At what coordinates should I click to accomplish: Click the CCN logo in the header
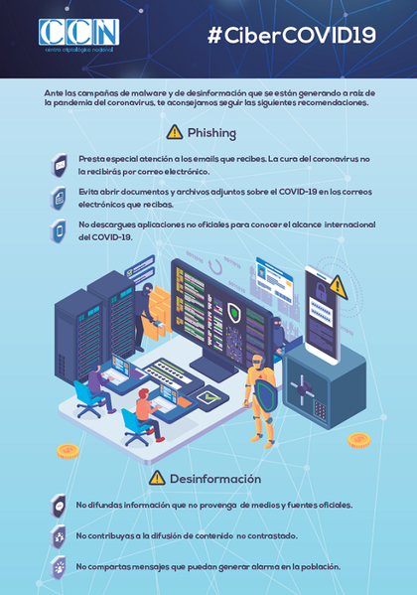point(78,35)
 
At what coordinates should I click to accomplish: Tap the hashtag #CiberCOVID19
point(292,36)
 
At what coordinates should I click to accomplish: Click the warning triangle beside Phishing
point(175,132)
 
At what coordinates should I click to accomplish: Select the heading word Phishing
point(211,133)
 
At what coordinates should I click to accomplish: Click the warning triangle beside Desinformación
point(157,478)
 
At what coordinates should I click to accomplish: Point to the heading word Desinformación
point(215,479)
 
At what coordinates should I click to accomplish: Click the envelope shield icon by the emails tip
point(60,165)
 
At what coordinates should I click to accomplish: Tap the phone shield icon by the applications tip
point(59,230)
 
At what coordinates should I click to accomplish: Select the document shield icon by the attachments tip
point(59,198)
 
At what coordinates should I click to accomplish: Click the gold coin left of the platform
point(69,451)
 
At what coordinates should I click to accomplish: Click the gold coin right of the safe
point(359,440)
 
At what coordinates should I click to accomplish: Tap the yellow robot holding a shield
point(261,398)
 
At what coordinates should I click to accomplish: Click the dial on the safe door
point(302,389)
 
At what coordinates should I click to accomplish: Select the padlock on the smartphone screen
point(321,290)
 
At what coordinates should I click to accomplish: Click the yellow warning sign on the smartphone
point(338,287)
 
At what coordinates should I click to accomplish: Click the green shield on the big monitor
point(235,313)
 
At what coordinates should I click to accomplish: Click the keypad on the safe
point(320,410)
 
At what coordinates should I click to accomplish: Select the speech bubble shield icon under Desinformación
point(59,506)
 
